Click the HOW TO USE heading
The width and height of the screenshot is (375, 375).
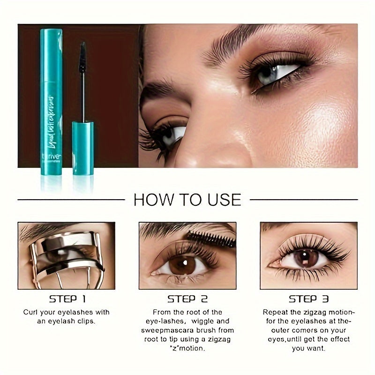(x=187, y=199)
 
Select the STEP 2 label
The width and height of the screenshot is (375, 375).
(x=187, y=299)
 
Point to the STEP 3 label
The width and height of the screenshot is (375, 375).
(x=308, y=299)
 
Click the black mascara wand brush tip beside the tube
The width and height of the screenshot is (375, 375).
(x=82, y=58)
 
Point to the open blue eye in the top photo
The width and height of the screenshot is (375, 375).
(x=277, y=73)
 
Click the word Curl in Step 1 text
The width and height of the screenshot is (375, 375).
(x=32, y=312)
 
